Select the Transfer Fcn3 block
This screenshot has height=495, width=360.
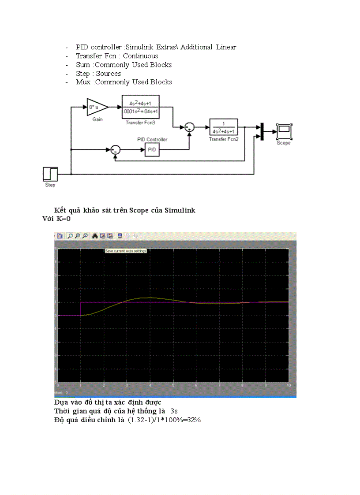pos(140,107)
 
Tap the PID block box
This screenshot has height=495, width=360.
pos(151,150)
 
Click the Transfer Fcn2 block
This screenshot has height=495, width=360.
pos(224,127)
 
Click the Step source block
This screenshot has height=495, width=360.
pos(50,174)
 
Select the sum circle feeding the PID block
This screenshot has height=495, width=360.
pos(115,150)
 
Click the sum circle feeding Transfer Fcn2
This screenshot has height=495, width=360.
pos(189,127)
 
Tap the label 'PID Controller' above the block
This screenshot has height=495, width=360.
pos(152,139)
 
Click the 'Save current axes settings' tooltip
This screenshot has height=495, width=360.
pos(126,251)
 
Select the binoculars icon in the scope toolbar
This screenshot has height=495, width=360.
pos(94,236)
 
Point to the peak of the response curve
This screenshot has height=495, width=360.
pos(150,298)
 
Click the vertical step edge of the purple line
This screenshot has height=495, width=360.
pos(81,309)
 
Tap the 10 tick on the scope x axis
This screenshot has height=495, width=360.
pos(289,385)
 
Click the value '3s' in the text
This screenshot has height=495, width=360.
pos(174,411)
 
